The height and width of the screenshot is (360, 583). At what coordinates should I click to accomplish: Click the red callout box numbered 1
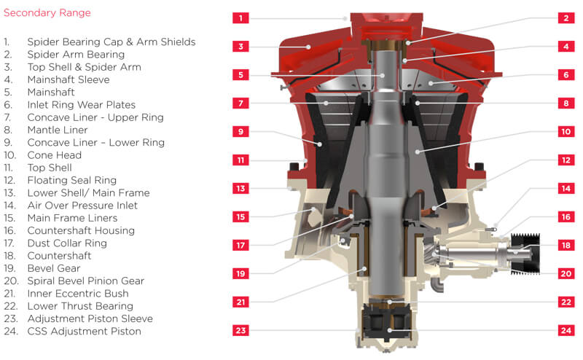[240, 17]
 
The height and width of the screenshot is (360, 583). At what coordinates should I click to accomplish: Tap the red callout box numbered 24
[566, 330]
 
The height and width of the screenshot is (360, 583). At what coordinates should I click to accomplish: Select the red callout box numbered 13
[240, 188]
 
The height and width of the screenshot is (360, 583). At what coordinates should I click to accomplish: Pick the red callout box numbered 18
[566, 245]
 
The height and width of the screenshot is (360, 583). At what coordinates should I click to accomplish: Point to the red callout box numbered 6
[566, 75]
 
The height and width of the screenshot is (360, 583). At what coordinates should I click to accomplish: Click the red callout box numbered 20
[566, 274]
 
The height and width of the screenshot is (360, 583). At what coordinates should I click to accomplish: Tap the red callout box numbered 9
[240, 132]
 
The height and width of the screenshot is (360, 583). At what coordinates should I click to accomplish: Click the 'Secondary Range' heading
[47, 13]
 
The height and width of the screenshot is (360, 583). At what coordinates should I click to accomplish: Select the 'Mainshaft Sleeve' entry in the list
[69, 79]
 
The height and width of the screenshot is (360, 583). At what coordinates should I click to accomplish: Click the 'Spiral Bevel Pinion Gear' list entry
[86, 281]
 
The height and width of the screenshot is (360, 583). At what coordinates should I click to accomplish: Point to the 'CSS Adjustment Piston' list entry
[85, 331]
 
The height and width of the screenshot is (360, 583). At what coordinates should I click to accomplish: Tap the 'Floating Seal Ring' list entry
[71, 181]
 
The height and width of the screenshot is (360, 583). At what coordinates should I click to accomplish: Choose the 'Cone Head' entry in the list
[54, 155]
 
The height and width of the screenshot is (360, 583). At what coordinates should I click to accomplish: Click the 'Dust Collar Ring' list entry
[67, 243]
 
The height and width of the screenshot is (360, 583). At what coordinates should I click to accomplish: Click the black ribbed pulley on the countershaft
[525, 254]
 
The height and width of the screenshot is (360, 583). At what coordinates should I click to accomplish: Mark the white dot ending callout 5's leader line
[382, 76]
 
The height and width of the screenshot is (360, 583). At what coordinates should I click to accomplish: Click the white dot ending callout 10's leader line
[417, 152]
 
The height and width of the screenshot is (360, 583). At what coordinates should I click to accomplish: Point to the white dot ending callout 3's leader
[308, 47]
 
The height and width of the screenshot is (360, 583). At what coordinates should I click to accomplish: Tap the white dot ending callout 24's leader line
[389, 330]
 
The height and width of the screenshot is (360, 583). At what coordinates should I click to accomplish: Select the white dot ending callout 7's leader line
[326, 103]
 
